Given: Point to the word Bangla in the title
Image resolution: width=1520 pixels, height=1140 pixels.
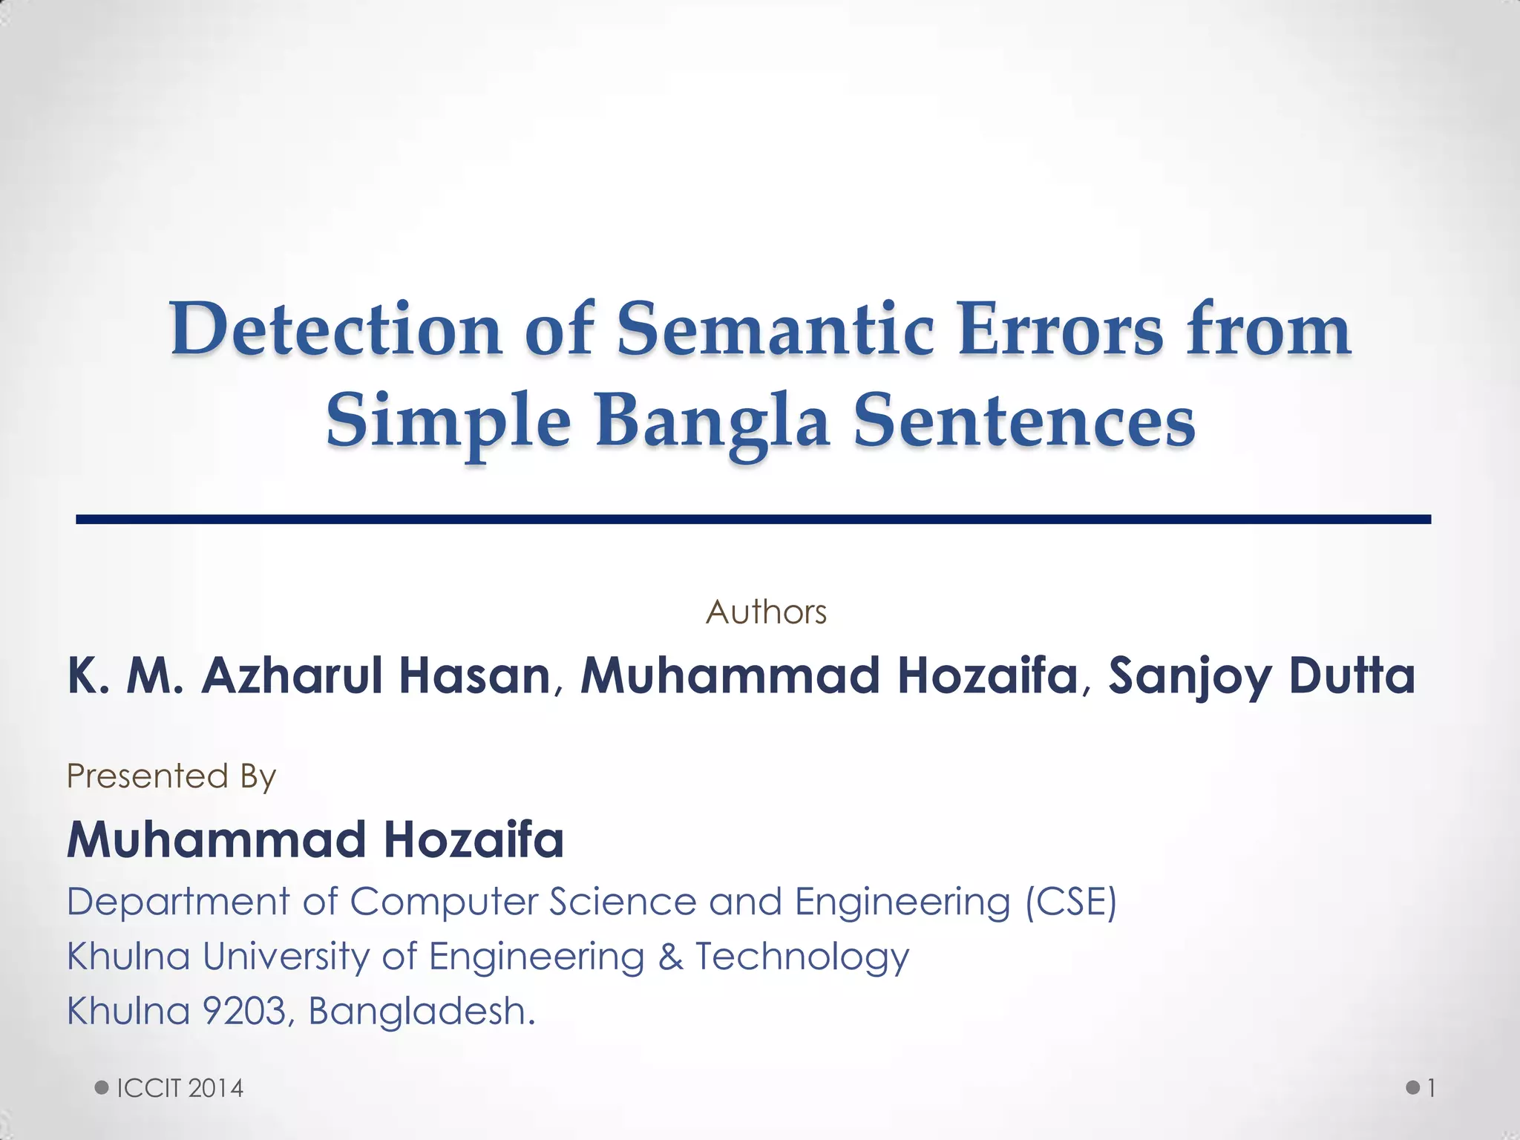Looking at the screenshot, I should [x=712, y=421].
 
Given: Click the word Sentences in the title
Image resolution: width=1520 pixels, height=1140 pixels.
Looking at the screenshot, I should [x=1024, y=421].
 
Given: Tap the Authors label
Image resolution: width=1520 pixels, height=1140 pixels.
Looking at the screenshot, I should [x=766, y=612].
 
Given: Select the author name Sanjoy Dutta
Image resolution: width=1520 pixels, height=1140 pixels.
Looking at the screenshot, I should [x=1262, y=676].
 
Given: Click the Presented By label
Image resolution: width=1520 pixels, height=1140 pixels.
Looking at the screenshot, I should [x=171, y=776].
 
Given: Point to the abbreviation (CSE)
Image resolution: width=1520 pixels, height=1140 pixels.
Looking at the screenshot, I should [x=1070, y=902].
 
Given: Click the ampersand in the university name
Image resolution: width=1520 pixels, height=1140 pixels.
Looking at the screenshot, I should [x=670, y=956].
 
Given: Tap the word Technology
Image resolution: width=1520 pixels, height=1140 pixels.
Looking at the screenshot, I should [x=802, y=957].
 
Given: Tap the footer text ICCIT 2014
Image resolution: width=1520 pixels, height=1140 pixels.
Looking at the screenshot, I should [x=180, y=1088].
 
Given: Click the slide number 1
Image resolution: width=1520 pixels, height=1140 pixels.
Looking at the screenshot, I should [x=1432, y=1088].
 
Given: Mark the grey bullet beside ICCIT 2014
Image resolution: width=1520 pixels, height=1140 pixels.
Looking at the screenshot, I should [x=102, y=1088].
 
